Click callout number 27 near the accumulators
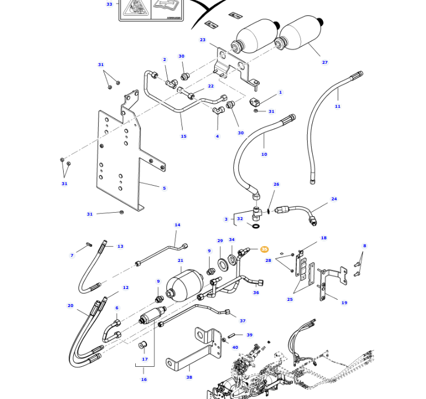tap(325, 63)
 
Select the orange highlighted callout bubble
tap(264, 249)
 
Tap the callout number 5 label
tap(164, 188)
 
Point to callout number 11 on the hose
tap(338, 107)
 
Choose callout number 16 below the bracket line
tap(144, 380)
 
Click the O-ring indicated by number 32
tap(256, 226)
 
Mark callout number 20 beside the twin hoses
tap(70, 306)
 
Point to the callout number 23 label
tap(202, 40)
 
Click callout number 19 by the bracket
tap(344, 303)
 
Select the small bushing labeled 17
tap(143, 345)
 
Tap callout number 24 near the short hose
tap(334, 199)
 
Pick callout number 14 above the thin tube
tap(177, 225)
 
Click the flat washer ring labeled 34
tap(232, 262)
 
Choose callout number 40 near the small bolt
tap(235, 348)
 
